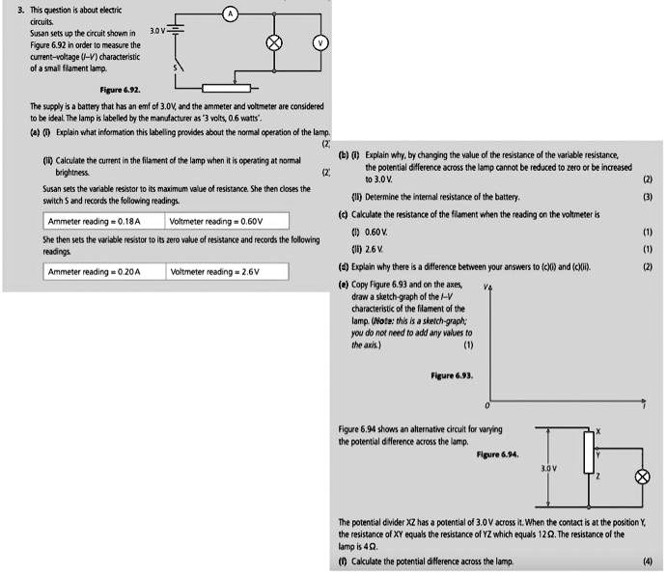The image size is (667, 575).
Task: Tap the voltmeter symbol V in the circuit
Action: pos(320,43)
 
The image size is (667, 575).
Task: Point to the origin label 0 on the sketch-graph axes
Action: pos(487,406)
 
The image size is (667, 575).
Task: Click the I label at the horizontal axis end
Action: pos(647,406)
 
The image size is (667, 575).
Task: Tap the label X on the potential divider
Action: pos(598,430)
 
